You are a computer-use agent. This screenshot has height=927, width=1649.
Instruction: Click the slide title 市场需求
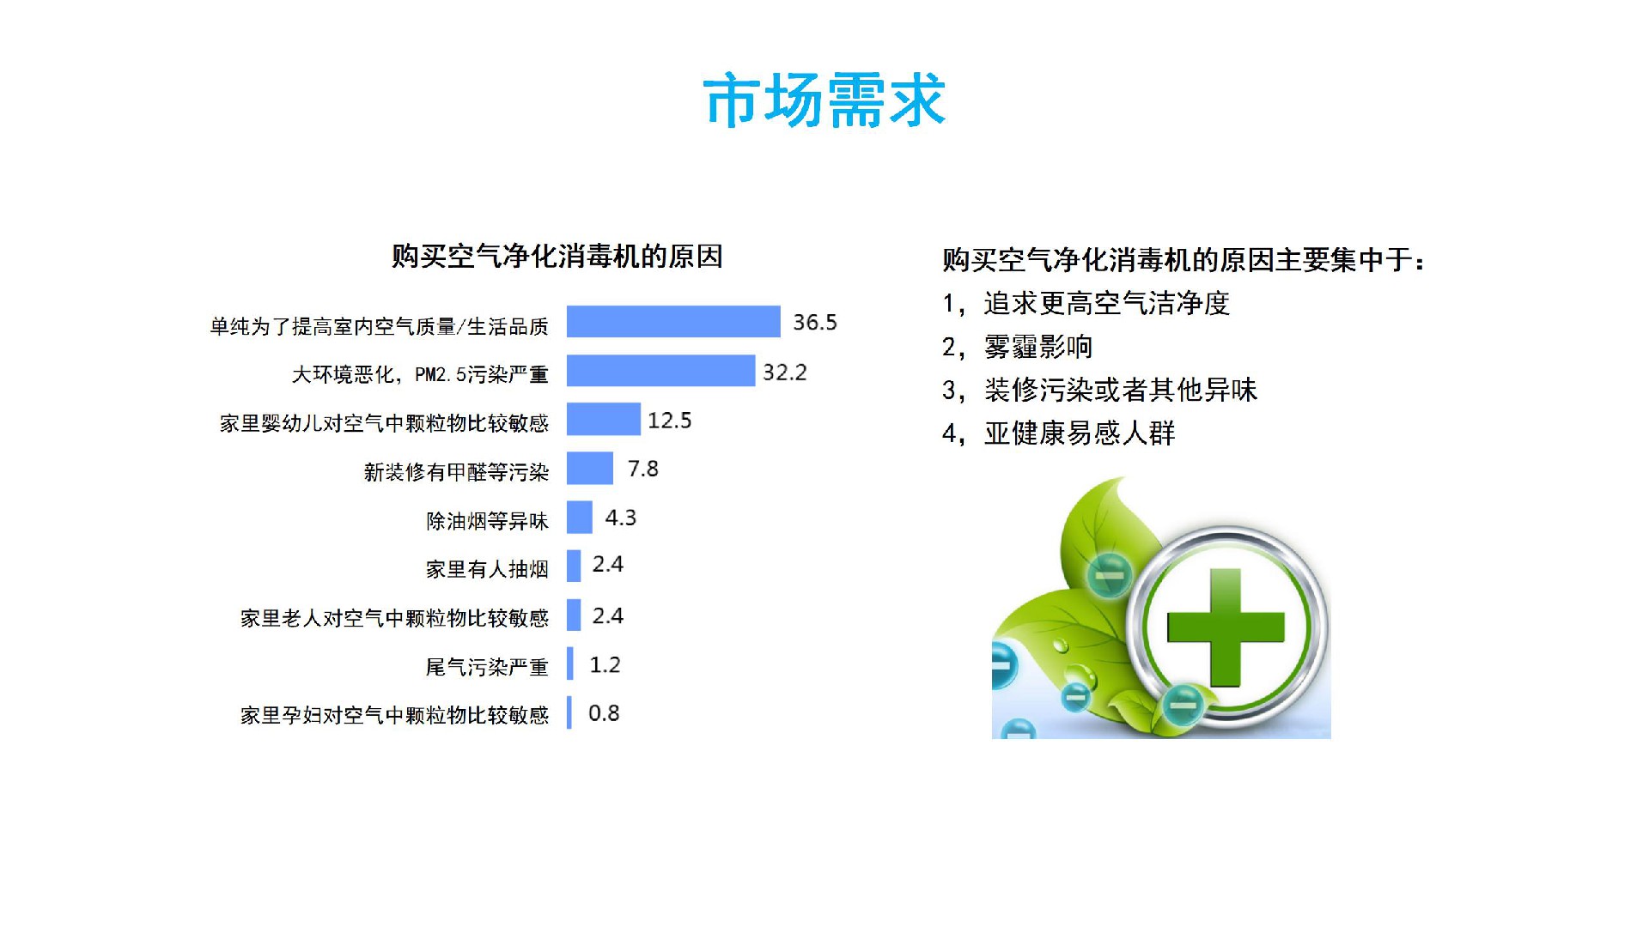824,101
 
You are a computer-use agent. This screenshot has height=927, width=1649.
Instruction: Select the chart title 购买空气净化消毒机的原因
557,256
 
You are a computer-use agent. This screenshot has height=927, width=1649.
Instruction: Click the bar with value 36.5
673,322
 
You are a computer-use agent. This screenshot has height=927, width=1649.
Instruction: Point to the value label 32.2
785,372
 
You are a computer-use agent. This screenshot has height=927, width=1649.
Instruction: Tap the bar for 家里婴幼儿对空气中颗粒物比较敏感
604,419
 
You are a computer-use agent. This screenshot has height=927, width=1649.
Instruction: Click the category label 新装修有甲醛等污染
456,472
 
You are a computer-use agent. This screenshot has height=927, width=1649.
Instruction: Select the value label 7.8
643,469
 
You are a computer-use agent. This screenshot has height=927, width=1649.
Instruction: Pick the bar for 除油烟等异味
580,517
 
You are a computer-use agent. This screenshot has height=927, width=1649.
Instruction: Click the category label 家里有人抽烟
487,569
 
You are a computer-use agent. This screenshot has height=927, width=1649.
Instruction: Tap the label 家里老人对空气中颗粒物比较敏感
394,618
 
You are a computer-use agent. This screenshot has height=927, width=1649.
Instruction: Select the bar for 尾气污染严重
570,663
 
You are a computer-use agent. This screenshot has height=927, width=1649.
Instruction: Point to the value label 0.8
604,713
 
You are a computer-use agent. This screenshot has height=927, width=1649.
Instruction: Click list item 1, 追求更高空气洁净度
1086,303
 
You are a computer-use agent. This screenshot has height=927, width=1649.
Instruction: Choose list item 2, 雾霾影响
1018,347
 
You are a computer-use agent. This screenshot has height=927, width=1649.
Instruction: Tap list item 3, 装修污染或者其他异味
1100,390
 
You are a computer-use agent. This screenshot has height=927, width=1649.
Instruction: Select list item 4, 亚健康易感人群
1059,433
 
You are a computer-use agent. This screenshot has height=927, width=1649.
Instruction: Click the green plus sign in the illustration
1226,628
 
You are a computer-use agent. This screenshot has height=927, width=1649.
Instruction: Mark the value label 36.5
815,323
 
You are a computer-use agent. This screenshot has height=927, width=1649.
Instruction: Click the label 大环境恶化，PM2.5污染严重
420,374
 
